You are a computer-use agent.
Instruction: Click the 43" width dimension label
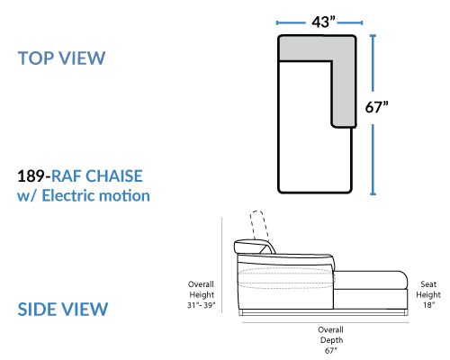[323, 22]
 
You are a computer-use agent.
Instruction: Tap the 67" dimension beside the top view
[376, 107]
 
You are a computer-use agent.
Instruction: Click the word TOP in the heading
[35, 58]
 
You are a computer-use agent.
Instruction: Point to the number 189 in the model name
[31, 175]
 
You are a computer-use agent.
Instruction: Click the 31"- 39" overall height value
[202, 305]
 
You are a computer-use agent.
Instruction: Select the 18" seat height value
[428, 305]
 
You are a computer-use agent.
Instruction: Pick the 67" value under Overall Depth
[330, 350]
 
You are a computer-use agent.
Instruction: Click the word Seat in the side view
[428, 284]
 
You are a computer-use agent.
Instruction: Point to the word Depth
[331, 340]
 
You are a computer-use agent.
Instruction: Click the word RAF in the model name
[67, 175]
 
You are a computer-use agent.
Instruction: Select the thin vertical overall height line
[222, 265]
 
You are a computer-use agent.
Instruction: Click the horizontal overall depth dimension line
[325, 323]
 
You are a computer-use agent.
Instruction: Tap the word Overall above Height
[201, 284]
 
